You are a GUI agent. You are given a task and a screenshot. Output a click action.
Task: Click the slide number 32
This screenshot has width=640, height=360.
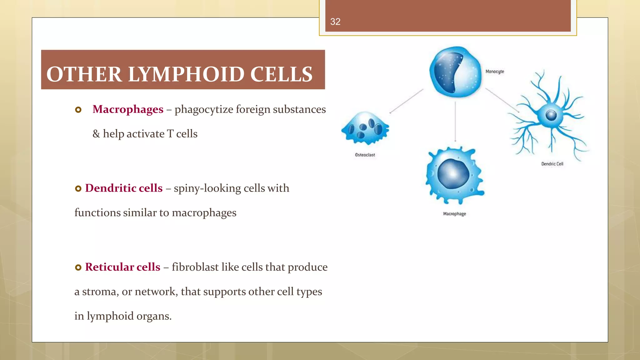coord(335,22)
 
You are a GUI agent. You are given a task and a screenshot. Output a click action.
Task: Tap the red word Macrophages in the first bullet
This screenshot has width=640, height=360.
coord(128,109)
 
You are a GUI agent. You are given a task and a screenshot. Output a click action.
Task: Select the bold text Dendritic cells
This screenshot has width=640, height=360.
coord(124,188)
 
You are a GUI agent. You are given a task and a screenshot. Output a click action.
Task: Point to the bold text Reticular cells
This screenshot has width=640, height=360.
coord(122,267)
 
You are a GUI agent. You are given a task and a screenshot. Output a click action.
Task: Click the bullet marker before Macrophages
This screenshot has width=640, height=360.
coord(78,110)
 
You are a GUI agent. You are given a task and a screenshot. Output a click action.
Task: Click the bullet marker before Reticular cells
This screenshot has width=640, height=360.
coord(78,267)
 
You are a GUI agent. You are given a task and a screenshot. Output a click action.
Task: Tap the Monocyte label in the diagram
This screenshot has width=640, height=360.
coord(495,72)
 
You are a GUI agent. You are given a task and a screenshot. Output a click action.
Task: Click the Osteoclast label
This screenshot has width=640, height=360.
coord(365,155)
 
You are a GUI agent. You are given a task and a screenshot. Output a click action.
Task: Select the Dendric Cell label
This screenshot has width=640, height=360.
coord(552,164)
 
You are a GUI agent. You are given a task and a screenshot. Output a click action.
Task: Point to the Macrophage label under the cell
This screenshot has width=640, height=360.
coord(454,214)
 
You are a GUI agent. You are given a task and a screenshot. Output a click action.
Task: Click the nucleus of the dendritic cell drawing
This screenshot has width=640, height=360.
coord(551,115)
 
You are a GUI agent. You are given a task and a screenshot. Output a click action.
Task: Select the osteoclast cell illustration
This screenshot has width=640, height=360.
coord(365,128)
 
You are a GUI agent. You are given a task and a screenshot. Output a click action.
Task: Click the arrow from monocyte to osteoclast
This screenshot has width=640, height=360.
coord(406,101)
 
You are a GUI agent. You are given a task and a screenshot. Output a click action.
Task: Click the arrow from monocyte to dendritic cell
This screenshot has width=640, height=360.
coord(502,100)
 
